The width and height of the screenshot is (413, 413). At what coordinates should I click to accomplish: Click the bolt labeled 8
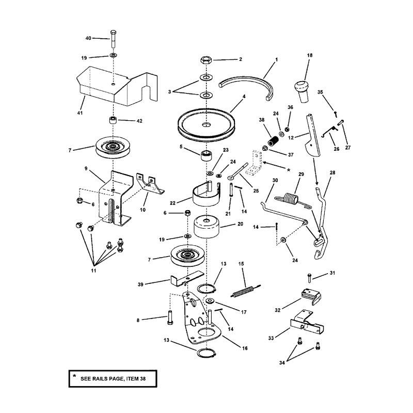170,320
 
